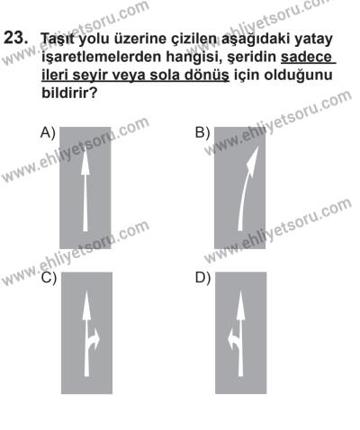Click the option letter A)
pyautogui.click(x=49, y=133)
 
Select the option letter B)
pyautogui.click(x=203, y=133)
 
